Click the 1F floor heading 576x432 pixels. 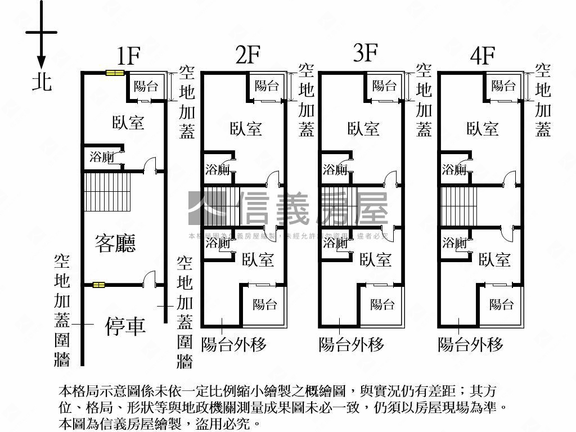128,56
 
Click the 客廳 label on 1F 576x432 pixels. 116,243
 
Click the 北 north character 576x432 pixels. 42,82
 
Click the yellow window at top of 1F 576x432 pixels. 115,72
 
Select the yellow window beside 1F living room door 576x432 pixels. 99,285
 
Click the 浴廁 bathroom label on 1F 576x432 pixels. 102,157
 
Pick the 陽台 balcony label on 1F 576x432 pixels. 146,86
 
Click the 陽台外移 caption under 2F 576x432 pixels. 233,344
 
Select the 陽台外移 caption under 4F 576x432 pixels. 470,344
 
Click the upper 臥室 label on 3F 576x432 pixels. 363,129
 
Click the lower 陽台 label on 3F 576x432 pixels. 382,304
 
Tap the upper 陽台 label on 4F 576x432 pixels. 503,85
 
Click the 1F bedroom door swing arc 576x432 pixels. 149,165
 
